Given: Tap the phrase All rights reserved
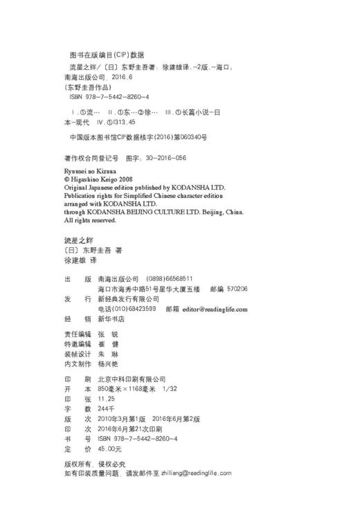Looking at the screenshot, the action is [x=90, y=220].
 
